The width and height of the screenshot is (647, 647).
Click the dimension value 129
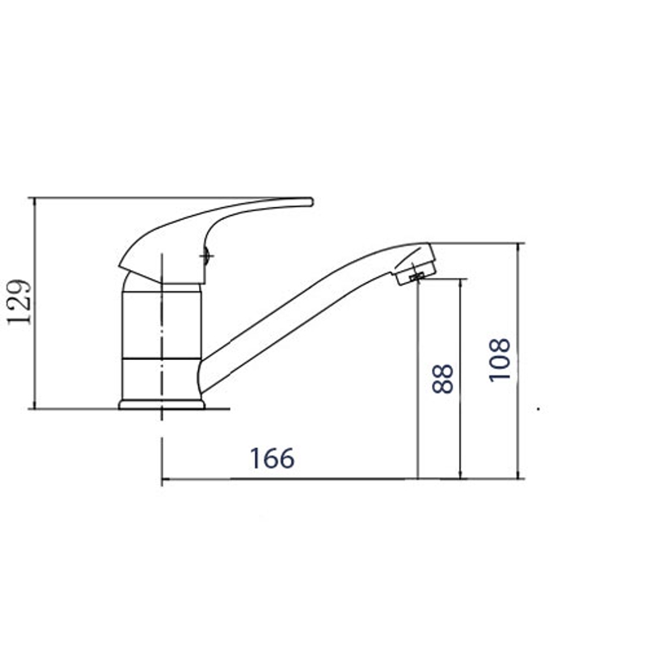(x=19, y=302)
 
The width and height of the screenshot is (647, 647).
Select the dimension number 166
(x=273, y=458)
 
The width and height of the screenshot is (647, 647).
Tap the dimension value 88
(x=442, y=378)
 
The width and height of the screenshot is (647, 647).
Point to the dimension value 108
(x=500, y=360)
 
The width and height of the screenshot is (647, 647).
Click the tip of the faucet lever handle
(x=312, y=201)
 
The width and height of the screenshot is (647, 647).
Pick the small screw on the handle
(x=207, y=256)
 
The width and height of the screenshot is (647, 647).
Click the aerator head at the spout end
(x=414, y=264)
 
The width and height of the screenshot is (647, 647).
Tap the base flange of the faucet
(x=162, y=404)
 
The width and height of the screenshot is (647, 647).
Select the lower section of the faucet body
(x=161, y=378)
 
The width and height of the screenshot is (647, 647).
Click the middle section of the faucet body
(x=162, y=325)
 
